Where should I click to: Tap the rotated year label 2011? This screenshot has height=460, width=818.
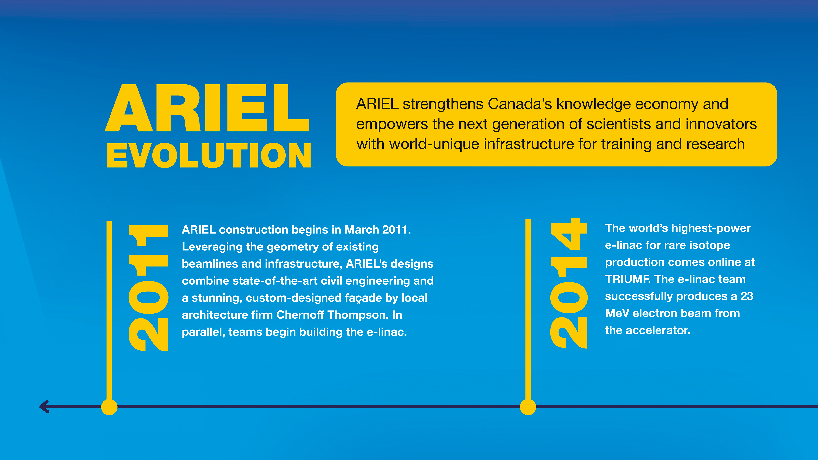tap(148, 288)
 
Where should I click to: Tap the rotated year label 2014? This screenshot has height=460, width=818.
tap(569, 283)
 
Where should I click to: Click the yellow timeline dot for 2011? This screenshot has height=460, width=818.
tap(109, 407)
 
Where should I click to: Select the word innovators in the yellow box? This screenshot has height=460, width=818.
tap(721, 124)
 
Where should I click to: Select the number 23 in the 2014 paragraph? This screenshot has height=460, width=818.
tap(747, 296)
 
